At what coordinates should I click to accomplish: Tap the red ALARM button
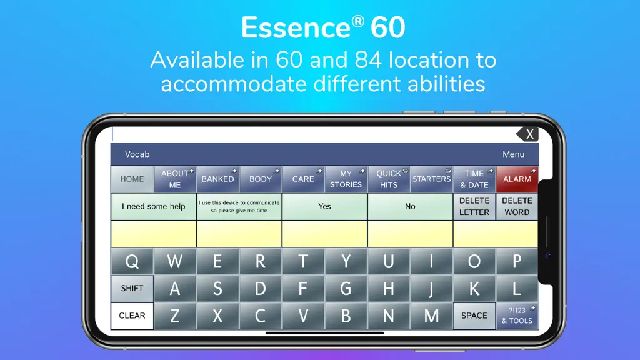(517, 179)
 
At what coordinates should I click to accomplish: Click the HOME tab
(132, 179)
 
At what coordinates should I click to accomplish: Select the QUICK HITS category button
(389, 179)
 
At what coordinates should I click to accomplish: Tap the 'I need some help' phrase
(154, 206)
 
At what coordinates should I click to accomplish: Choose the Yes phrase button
(324, 206)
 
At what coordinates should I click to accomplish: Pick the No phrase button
(410, 206)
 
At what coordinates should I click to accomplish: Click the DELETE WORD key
(517, 206)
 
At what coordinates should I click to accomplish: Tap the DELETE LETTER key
(474, 206)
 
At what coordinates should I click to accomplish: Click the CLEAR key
(132, 316)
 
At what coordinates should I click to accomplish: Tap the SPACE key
(474, 316)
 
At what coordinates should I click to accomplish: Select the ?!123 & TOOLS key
(517, 316)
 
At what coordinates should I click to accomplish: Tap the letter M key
(431, 316)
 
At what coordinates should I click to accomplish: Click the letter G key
(346, 289)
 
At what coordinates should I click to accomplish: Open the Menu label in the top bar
(514, 154)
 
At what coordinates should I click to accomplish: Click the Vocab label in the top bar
(137, 154)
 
